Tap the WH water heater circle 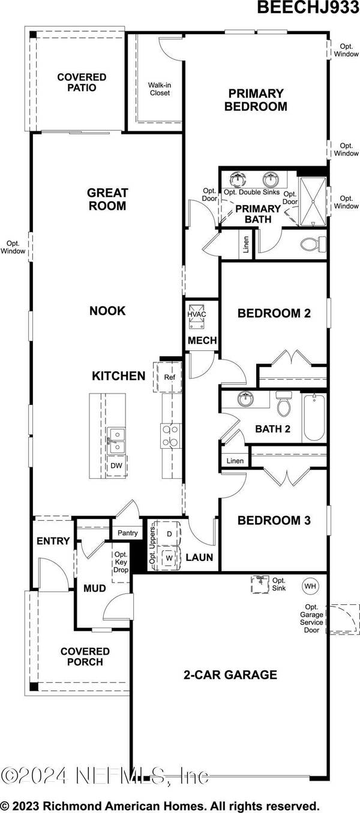[310, 586]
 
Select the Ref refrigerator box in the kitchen [169, 377]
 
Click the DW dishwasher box [118, 465]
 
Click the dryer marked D [169, 533]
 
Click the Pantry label [128, 533]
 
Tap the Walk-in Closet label [159, 89]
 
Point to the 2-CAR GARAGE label [230, 674]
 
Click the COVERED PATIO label [82, 82]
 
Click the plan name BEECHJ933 [304, 7]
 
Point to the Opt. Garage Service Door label [314, 619]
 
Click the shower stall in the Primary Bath [311, 201]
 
